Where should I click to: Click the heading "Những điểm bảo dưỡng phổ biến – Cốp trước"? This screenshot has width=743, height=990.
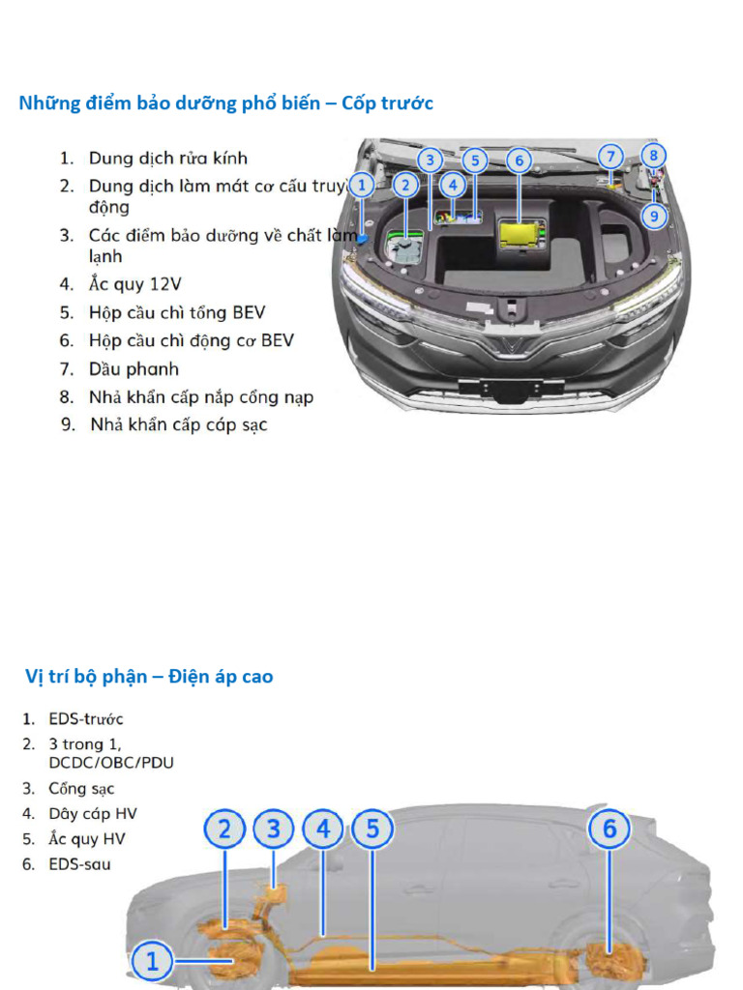(x=226, y=103)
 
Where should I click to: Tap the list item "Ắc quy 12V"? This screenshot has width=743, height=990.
(x=134, y=284)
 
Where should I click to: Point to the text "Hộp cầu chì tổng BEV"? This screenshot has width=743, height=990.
(x=176, y=312)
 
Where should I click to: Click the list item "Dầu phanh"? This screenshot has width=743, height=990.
(x=134, y=368)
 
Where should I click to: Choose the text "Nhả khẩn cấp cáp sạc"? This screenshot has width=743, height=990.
(x=179, y=424)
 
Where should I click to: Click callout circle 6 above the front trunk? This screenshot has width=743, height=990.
(x=519, y=160)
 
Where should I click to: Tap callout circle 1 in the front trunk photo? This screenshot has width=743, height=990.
(x=361, y=184)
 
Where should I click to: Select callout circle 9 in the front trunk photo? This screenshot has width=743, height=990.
(x=654, y=216)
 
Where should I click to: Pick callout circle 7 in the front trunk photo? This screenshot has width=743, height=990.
(x=609, y=157)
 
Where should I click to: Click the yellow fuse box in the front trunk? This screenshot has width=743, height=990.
(x=521, y=232)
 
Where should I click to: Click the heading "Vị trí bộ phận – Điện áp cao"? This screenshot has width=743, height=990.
(x=149, y=677)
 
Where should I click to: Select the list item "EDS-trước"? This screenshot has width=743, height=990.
(x=86, y=719)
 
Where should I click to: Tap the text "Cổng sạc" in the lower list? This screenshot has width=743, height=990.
(x=81, y=789)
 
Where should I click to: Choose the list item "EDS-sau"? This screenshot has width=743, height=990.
(x=79, y=863)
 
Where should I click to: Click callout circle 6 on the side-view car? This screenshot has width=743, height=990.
(x=609, y=830)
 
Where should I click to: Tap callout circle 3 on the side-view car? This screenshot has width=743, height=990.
(x=274, y=830)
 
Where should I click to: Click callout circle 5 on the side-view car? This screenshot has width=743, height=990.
(x=372, y=830)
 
